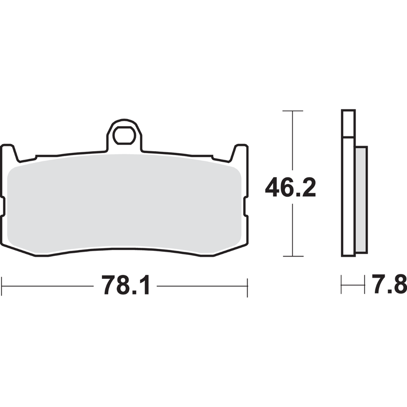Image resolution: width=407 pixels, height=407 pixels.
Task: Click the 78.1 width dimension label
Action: click(x=126, y=286)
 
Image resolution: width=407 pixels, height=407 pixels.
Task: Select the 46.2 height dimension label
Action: click(x=290, y=189)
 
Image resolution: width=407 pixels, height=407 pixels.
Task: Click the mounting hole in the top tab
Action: click(x=124, y=136)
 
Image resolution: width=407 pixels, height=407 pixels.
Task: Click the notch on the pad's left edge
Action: click(x=3, y=206)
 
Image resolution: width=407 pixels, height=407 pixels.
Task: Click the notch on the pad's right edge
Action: click(x=246, y=206)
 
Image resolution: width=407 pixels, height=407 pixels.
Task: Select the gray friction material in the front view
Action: click(x=125, y=203)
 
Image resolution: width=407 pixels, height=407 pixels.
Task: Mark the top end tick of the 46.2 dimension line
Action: click(x=292, y=110)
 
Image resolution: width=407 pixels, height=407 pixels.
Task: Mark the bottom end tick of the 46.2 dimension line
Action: click(x=292, y=256)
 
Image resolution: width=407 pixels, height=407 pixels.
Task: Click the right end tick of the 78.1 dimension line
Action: click(x=247, y=287)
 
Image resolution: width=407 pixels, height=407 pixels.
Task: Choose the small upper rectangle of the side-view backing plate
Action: click(x=348, y=124)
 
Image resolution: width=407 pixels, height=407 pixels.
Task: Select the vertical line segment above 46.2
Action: click(x=292, y=142)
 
